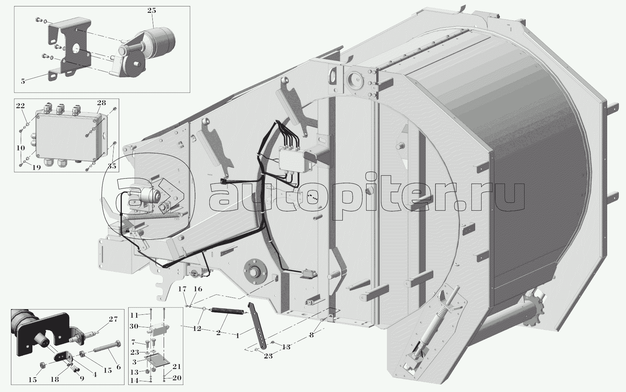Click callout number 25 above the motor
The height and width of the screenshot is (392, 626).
point(152,11)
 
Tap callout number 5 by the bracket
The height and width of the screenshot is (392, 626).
point(23,81)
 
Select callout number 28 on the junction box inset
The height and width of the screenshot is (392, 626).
point(101,103)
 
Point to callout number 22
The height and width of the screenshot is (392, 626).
point(20,106)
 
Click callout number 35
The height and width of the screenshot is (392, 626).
point(112,166)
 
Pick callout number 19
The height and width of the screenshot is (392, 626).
point(36,168)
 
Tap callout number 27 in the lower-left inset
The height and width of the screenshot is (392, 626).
point(113,319)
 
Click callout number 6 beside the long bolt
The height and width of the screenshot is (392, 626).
point(118,367)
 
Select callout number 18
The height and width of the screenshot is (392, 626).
point(55,380)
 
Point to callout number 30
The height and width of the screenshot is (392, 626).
point(134,326)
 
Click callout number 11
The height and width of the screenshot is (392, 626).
point(134,315)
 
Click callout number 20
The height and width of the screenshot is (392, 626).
point(177,378)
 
